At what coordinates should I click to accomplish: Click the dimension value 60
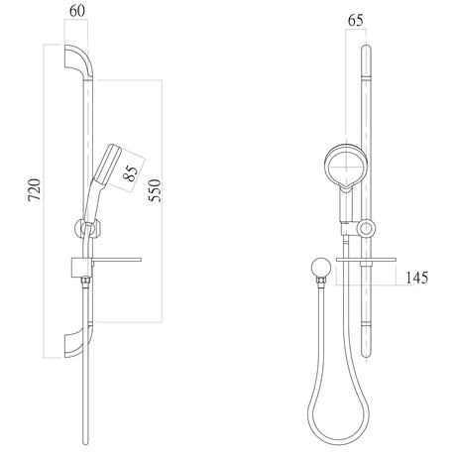(77, 11)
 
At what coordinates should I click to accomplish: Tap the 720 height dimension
(35, 189)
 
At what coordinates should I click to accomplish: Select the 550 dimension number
(155, 190)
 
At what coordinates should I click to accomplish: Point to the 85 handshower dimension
(131, 173)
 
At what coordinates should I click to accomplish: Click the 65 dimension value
(356, 20)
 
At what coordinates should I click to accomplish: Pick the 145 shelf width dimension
(416, 278)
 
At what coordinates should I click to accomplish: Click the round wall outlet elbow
(320, 268)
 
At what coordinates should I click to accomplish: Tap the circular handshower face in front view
(346, 166)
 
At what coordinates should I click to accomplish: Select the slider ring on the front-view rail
(366, 228)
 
